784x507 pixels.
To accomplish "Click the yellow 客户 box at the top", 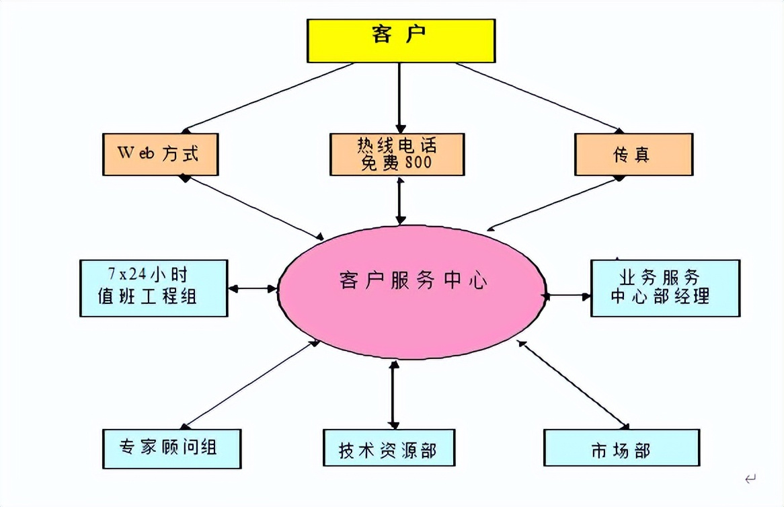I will point(401,40).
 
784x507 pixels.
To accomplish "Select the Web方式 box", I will point(160,153).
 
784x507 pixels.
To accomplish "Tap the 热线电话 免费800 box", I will point(397,154).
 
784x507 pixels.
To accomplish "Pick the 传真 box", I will point(633,154).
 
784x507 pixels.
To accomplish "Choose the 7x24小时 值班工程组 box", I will point(153,287).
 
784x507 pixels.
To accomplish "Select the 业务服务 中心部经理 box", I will point(665,287).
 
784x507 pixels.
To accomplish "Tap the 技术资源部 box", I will point(388,448).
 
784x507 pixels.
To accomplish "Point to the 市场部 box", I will point(621,448).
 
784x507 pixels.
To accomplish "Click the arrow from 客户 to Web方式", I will point(269,97).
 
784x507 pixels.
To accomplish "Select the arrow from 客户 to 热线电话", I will point(401,97).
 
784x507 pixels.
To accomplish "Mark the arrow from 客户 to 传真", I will point(538,97).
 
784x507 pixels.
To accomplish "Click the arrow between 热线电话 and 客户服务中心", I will point(401,200).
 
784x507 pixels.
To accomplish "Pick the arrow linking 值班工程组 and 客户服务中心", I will point(253,288).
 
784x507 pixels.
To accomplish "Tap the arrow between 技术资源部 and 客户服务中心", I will point(393,395).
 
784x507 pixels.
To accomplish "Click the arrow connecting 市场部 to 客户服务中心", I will point(573,385).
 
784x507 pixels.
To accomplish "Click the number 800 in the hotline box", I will point(418,163).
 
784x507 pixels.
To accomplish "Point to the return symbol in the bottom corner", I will point(750,479).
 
